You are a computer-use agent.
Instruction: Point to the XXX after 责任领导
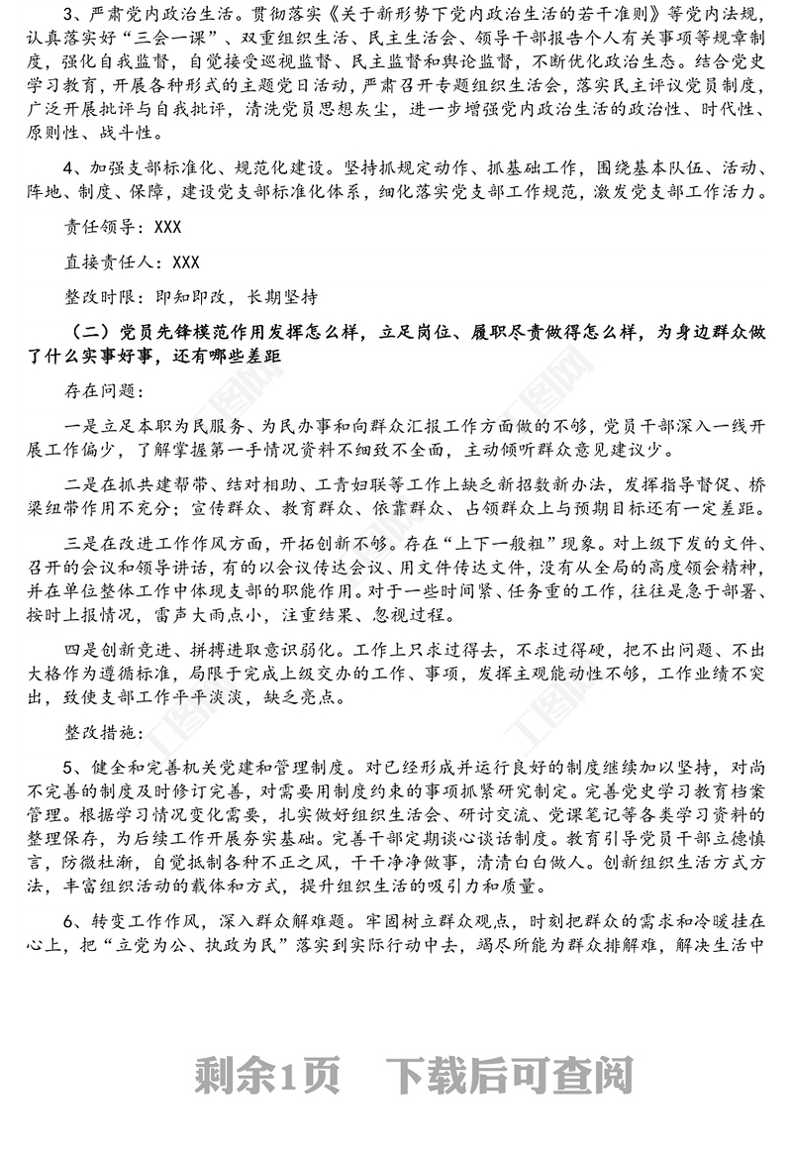167,228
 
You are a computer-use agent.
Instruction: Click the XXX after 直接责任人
185,262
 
